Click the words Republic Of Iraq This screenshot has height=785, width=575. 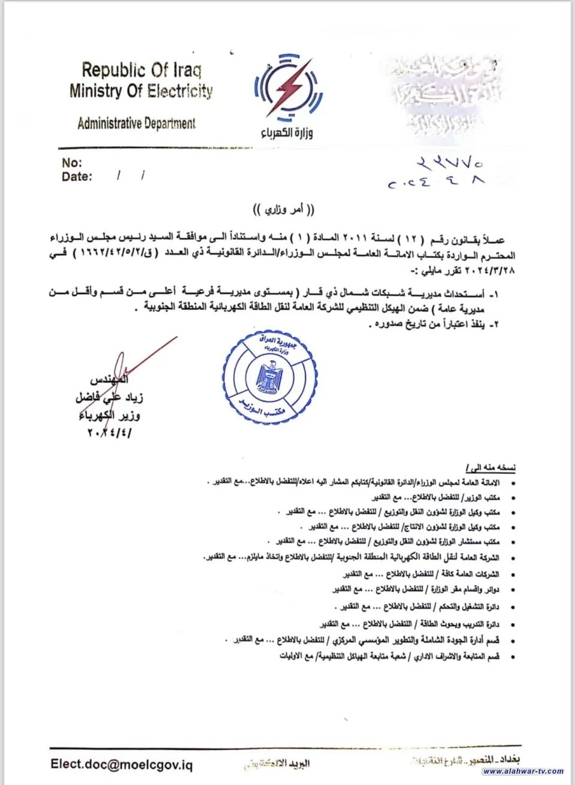point(141,70)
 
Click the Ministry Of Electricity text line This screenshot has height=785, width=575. point(141,91)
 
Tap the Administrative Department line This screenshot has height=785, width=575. point(136,123)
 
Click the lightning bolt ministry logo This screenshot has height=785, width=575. point(288,89)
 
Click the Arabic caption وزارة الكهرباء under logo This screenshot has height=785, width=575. point(286,132)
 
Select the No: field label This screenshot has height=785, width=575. point(72,162)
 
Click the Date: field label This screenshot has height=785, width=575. point(77,177)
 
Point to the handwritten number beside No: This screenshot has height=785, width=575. point(450,163)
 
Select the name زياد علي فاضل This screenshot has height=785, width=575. point(110,397)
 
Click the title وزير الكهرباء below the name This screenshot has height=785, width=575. point(109,415)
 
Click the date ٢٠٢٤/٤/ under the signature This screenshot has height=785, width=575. point(109,432)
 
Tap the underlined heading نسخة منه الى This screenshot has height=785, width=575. point(490,467)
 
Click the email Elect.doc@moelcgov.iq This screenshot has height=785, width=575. point(122,765)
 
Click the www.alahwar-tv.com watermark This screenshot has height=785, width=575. point(523,771)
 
